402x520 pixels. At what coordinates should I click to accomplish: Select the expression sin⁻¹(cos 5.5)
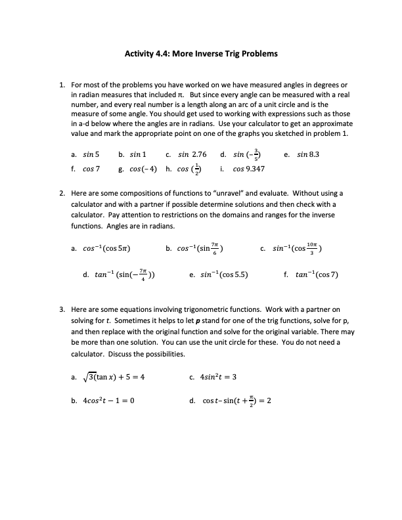223,275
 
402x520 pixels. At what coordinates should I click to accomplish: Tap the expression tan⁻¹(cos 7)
317,275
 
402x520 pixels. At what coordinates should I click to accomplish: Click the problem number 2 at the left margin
62,194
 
